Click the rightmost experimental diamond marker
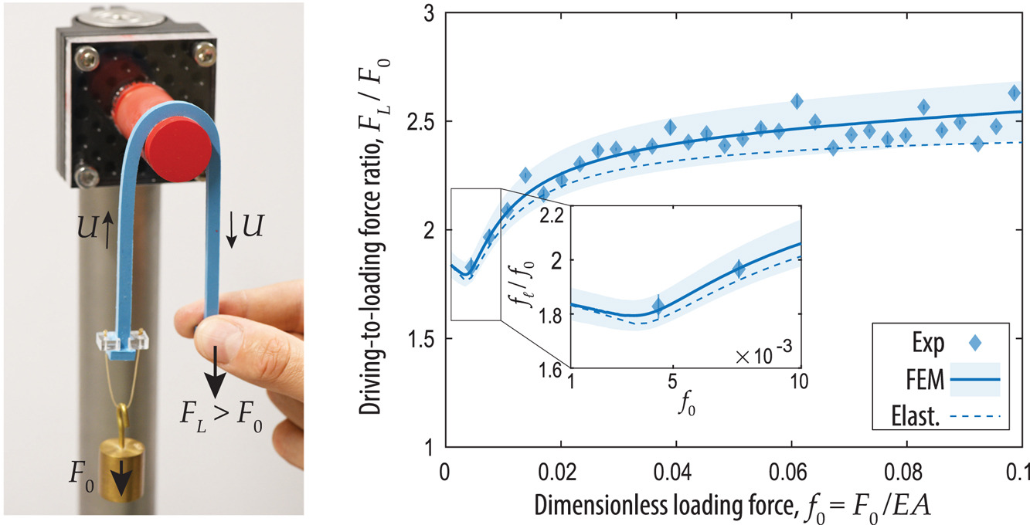tap(1015, 93)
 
